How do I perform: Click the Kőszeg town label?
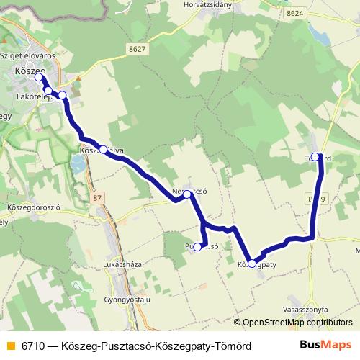click(30, 71)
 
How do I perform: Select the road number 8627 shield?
click(138, 48)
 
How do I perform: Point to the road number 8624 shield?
click(294, 14)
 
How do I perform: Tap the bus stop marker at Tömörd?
click(315, 156)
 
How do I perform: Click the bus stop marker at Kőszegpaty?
click(251, 264)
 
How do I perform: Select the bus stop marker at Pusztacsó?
click(198, 247)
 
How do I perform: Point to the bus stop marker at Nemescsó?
click(187, 194)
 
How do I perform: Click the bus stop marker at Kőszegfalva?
click(104, 150)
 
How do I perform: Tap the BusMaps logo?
click(325, 345)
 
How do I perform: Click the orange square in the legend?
click(10, 346)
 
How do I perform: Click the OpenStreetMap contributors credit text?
click(297, 323)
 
